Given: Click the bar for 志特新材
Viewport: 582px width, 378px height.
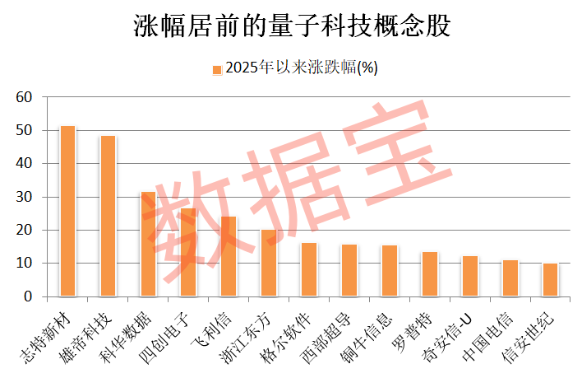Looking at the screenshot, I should [68, 212].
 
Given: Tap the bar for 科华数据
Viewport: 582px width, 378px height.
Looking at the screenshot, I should [149, 245].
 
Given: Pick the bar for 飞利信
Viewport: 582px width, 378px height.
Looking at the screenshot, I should [229, 257].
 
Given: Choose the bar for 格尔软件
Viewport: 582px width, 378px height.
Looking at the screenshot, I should [309, 270].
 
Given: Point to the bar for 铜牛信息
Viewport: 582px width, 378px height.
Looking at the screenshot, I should [390, 271].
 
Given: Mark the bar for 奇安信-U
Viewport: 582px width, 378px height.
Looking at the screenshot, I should [470, 277].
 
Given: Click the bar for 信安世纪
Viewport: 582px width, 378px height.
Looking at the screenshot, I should [550, 280].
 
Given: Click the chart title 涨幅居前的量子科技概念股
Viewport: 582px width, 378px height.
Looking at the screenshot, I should [292, 26].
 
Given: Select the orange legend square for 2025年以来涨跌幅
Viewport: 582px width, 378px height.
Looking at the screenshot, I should [217, 69].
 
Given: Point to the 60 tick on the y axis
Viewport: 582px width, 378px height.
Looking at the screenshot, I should [24, 97].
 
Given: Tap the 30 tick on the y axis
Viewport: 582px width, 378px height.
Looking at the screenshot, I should [24, 197].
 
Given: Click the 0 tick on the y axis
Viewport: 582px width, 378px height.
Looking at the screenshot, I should [27, 296].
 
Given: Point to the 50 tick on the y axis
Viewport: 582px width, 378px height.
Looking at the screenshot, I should [24, 130].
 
